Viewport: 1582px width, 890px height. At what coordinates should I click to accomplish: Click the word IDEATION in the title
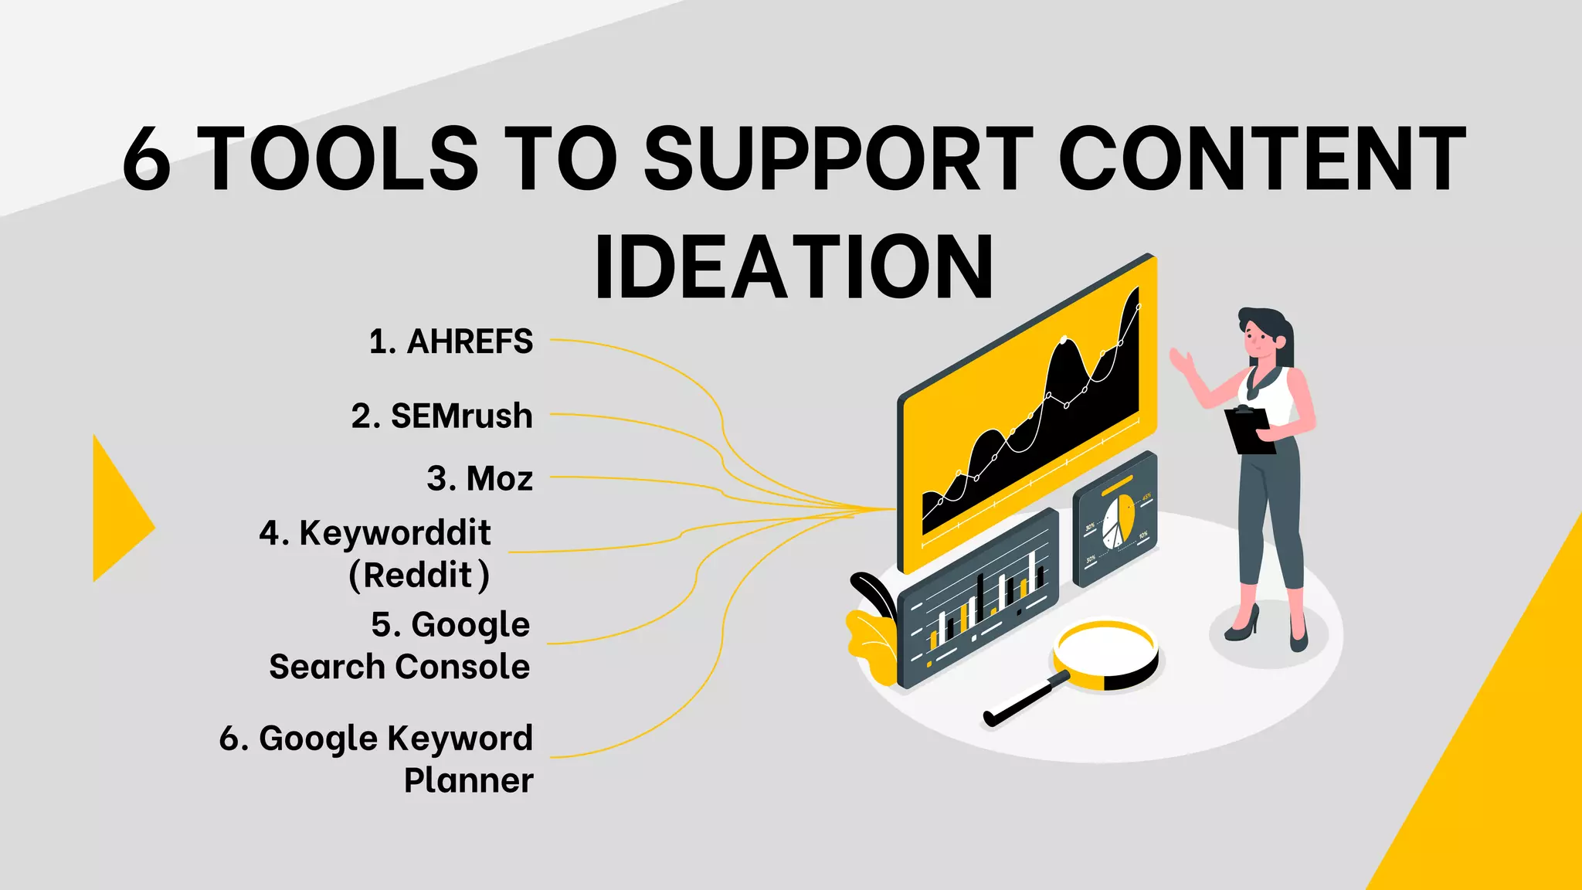click(x=794, y=267)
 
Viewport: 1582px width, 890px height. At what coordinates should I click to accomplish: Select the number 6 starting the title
click(x=147, y=160)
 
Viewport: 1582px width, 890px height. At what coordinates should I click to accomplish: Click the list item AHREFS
click(x=469, y=341)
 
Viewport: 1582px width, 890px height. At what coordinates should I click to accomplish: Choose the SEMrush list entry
click(x=461, y=416)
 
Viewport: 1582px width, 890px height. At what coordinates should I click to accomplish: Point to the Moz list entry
click(x=499, y=478)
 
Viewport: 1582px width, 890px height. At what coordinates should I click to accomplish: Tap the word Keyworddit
click(x=395, y=532)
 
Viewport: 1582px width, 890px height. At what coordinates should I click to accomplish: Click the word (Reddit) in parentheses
click(x=419, y=576)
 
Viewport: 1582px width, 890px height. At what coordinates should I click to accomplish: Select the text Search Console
click(x=399, y=667)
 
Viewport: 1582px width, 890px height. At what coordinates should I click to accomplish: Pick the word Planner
click(x=468, y=780)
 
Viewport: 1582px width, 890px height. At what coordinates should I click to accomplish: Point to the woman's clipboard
click(x=1249, y=430)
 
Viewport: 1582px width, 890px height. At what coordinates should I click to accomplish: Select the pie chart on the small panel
click(x=1117, y=522)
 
